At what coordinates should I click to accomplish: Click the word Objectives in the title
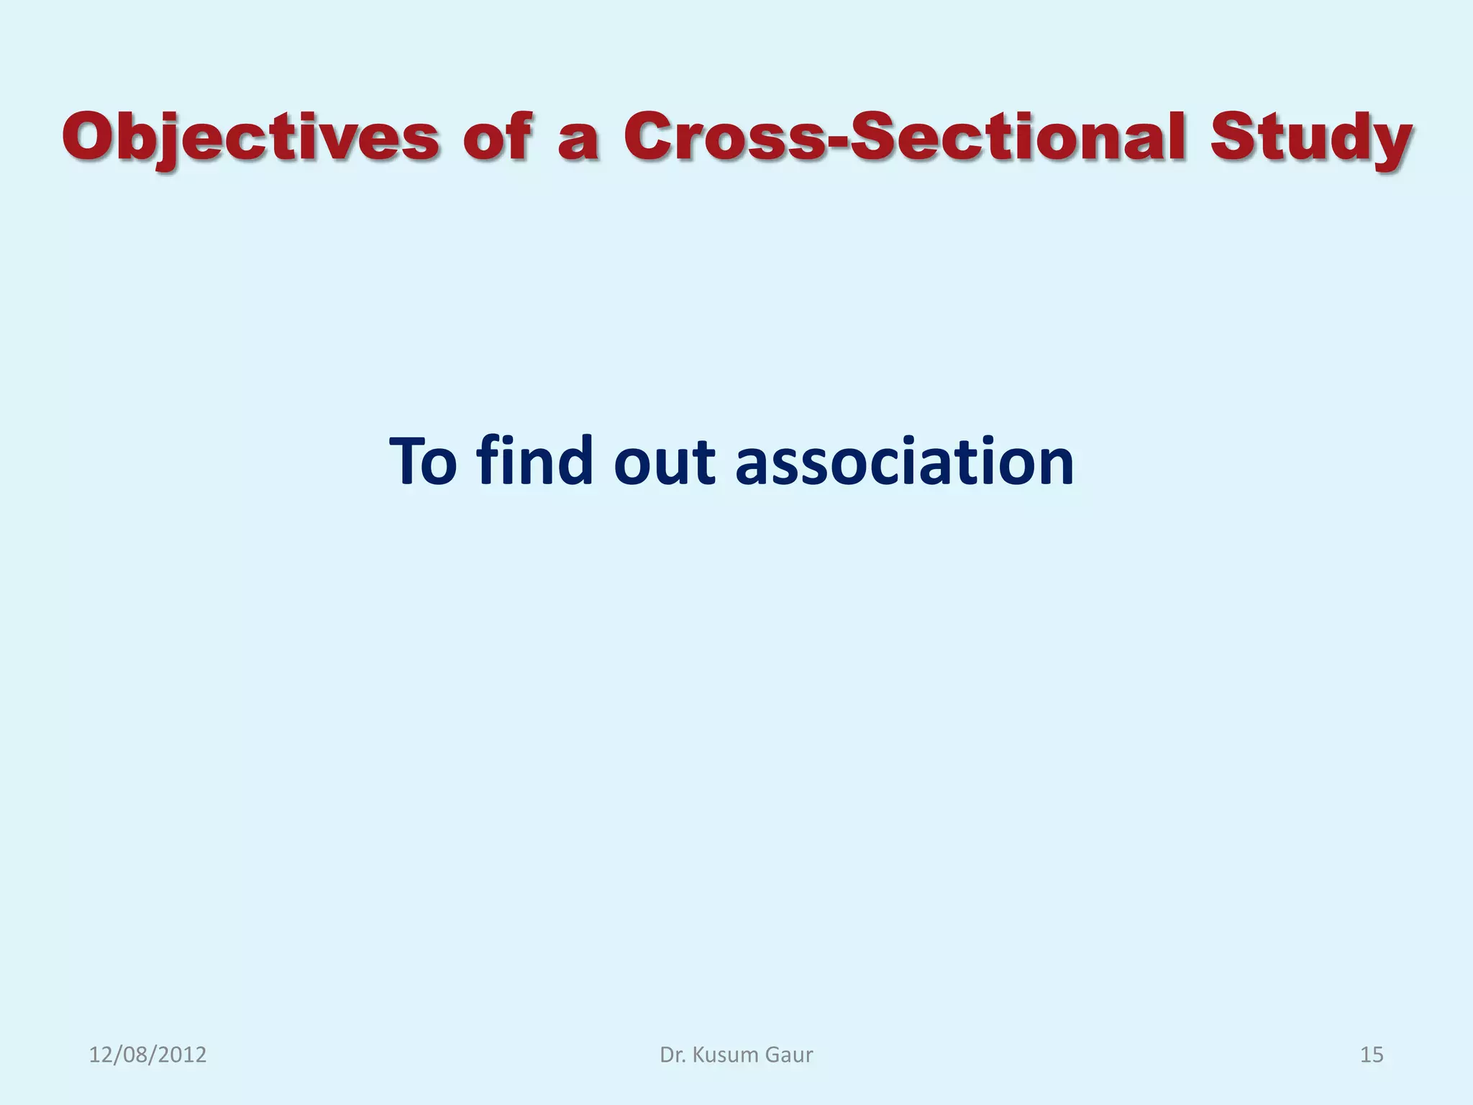[250, 138]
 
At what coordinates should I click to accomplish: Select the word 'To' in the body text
[424, 461]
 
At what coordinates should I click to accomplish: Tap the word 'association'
[905, 461]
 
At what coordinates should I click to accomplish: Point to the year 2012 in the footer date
[183, 1055]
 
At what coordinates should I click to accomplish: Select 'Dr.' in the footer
[672, 1055]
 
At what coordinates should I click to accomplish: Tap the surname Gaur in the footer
[789, 1055]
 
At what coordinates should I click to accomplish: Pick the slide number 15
[1372, 1055]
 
